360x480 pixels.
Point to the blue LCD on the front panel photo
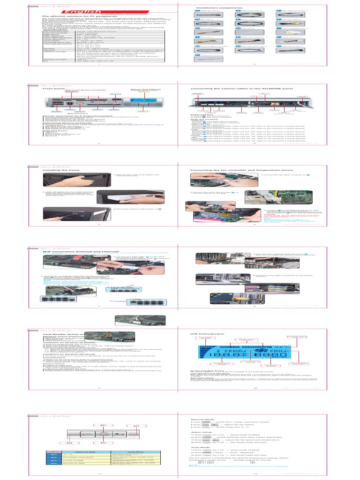pos(144,105)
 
